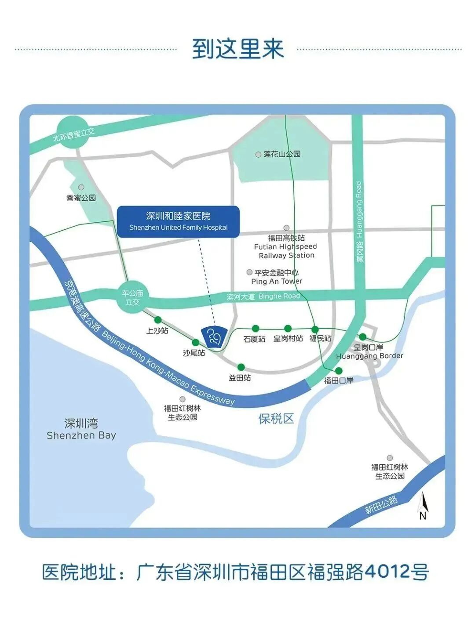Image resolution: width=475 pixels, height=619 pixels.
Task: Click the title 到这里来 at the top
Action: [x=238, y=49]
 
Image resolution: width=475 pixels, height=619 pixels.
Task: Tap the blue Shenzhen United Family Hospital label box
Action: [x=178, y=221]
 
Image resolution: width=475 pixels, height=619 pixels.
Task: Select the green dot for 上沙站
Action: [x=158, y=320]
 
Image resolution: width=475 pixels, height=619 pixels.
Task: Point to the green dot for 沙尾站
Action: [x=196, y=343]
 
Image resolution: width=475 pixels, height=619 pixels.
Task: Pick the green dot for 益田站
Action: [x=241, y=367]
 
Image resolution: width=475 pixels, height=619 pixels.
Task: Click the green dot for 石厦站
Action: [x=255, y=328]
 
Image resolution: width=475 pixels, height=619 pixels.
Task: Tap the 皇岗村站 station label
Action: [x=288, y=338]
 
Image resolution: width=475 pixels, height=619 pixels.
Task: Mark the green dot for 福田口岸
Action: [x=339, y=371]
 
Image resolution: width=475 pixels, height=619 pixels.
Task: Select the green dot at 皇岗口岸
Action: [x=363, y=337]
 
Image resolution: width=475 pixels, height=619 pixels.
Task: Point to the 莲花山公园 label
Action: [x=282, y=154]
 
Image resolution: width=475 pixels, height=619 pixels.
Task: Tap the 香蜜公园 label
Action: [x=81, y=198]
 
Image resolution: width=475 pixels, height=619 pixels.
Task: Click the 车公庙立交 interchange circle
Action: [x=132, y=297]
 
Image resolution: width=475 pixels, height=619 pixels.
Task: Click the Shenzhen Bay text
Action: [x=81, y=435]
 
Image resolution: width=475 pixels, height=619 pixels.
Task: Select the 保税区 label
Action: [x=276, y=419]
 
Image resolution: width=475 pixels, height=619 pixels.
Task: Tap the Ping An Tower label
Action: [x=277, y=281]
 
